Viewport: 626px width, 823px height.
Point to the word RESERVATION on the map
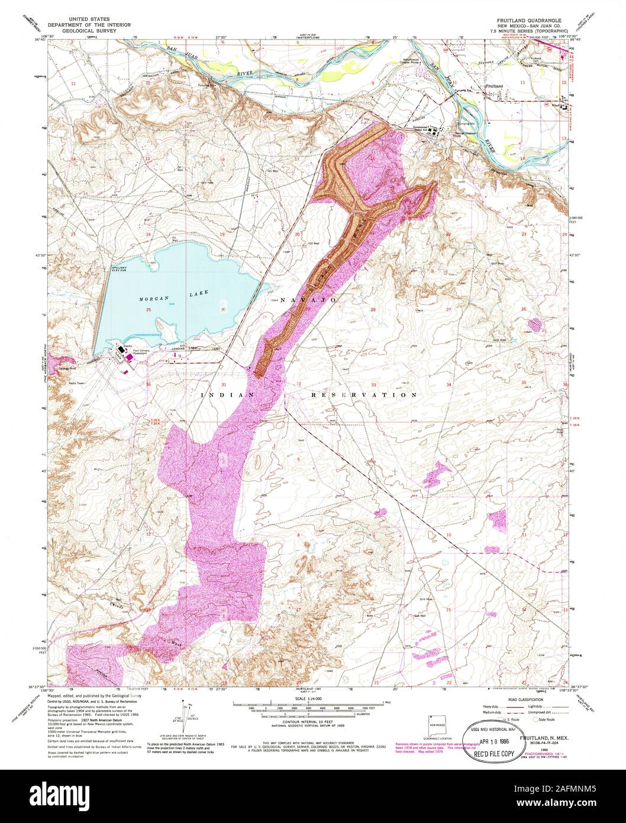(364, 394)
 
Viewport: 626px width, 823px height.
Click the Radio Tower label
(77, 384)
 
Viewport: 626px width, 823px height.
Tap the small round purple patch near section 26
(535, 324)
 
